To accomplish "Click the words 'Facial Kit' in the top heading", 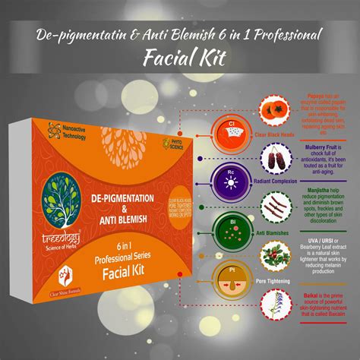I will [180, 58].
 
